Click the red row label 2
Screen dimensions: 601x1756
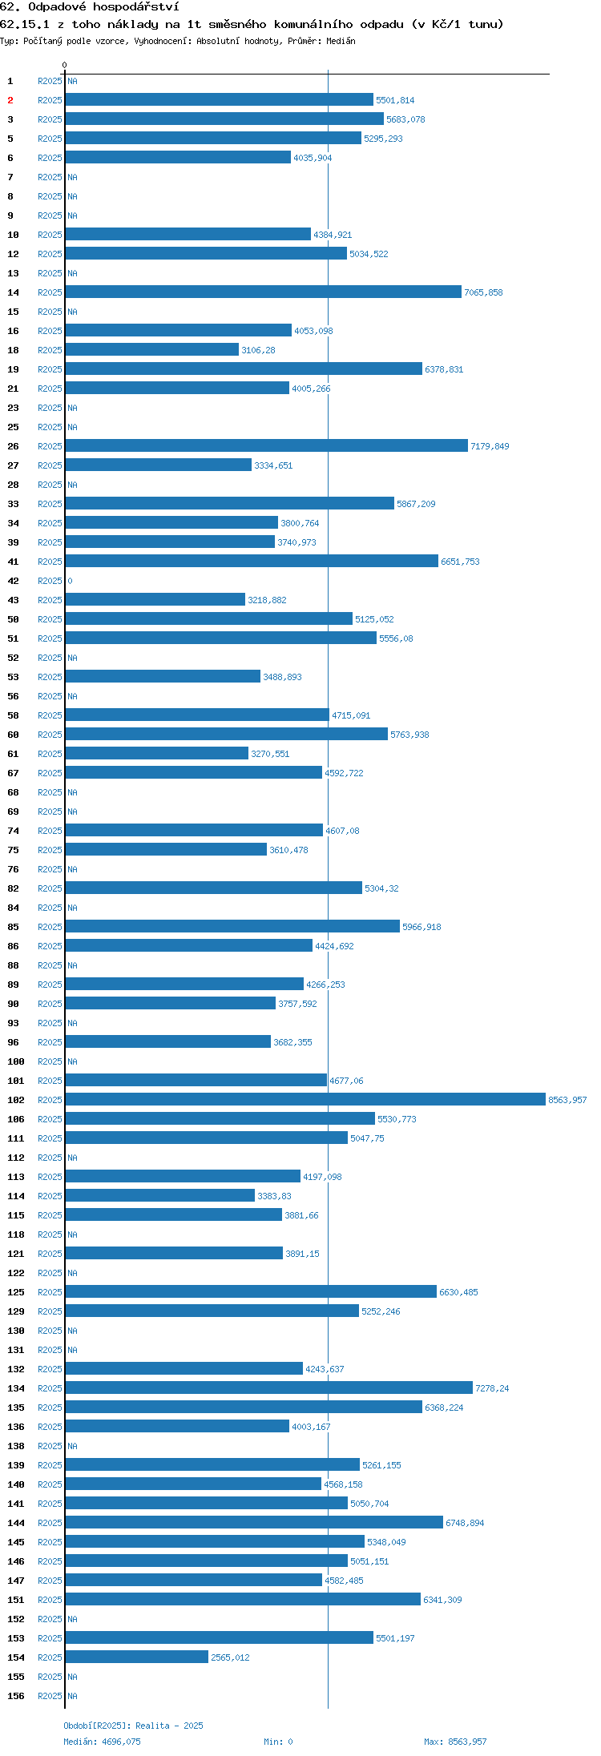point(10,100)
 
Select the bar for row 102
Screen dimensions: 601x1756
point(305,1099)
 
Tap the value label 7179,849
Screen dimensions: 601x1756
point(490,446)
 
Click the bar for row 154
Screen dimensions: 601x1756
point(137,1657)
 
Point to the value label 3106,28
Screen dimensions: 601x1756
point(258,350)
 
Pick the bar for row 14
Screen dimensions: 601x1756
point(264,292)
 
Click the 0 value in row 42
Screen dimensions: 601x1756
point(70,581)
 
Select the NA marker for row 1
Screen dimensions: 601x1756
point(72,81)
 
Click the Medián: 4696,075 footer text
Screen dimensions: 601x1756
point(102,1742)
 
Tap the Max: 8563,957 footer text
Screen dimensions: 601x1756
point(455,1742)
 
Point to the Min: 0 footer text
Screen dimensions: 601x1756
point(278,1742)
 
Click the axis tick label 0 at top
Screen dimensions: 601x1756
point(65,65)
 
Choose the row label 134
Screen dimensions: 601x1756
point(16,1388)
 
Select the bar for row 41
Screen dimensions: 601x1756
point(252,561)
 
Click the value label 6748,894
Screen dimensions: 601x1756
point(465,1523)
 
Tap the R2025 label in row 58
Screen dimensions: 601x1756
point(50,715)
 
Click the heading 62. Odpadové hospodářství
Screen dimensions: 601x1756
point(90,7)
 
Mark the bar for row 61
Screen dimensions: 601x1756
point(157,753)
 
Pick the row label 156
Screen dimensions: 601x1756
point(16,1696)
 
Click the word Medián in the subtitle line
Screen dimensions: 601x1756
point(341,41)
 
